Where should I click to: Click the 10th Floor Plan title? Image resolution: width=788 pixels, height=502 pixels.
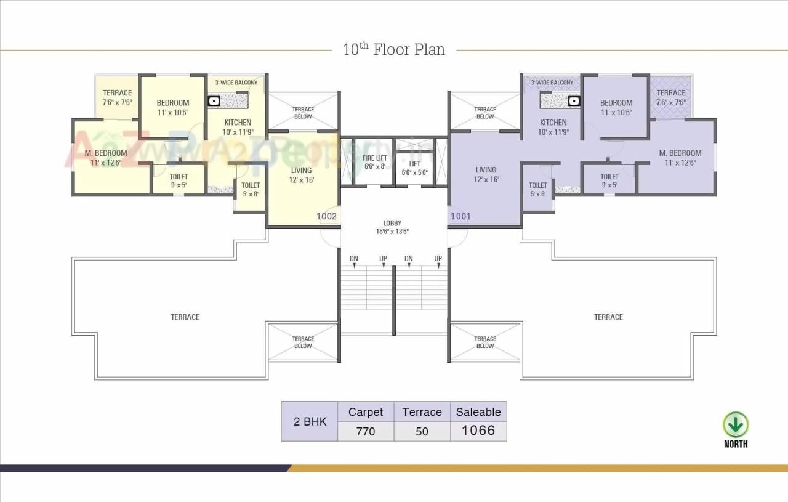coord(394,49)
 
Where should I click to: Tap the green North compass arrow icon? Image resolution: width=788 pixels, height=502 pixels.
coord(735,425)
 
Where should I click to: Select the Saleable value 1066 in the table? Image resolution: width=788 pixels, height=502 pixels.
coord(478,431)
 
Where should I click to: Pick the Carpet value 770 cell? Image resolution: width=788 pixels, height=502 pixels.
coord(365,431)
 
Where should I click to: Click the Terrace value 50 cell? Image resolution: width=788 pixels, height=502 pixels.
coord(422,431)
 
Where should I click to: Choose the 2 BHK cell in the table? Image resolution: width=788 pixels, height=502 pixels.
coord(310,421)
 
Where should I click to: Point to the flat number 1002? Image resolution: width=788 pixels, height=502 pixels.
coord(326,216)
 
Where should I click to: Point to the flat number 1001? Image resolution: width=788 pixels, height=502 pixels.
coord(461,216)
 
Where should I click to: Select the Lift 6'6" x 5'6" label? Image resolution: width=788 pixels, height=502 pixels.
coord(414,168)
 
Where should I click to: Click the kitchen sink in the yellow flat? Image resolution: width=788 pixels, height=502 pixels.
coord(214,101)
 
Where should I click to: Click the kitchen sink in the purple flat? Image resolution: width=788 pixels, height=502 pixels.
coord(574,100)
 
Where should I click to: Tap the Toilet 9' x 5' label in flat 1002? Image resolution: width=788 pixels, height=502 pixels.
coord(179,180)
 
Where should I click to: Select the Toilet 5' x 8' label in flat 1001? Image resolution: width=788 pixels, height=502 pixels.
coord(537,189)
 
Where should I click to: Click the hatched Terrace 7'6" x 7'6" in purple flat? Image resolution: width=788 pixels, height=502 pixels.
coord(670,97)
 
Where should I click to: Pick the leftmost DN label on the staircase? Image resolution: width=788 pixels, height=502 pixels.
coord(354,259)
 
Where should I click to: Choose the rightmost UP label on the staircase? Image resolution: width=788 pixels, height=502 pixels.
coord(438,259)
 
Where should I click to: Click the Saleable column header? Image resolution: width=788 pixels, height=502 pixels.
coord(478,412)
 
